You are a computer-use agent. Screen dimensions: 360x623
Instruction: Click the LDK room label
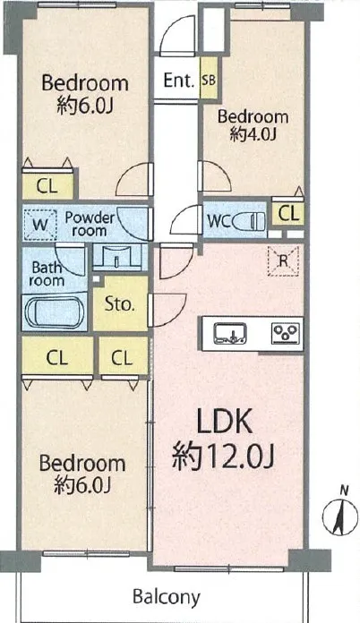[225, 422]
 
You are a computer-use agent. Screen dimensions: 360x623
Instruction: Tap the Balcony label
[166, 597]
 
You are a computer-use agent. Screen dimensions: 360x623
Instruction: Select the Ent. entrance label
[179, 81]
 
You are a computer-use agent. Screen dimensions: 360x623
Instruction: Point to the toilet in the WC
[249, 220]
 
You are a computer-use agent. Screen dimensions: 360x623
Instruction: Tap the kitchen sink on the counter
[230, 333]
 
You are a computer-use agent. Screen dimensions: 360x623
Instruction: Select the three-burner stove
[286, 333]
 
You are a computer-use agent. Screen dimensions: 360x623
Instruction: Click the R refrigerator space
[283, 261]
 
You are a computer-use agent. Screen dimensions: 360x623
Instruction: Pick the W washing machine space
[40, 225]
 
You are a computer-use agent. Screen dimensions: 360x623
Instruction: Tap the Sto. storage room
[120, 304]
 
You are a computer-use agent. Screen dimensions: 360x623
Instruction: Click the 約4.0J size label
[253, 135]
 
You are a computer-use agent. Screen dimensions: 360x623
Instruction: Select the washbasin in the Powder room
[117, 258]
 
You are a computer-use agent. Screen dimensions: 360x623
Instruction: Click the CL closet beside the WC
[288, 214]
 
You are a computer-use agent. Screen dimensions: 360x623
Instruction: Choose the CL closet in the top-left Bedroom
[47, 186]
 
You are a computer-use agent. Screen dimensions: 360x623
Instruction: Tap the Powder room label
[90, 224]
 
